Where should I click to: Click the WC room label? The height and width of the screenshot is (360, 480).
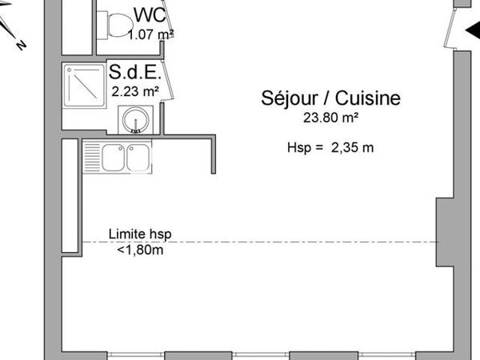(x=150, y=14)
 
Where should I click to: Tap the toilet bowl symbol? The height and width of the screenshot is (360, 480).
(x=120, y=24)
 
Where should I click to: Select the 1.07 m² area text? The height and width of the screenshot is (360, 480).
(x=150, y=34)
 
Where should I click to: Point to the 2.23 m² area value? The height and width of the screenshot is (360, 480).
(x=134, y=90)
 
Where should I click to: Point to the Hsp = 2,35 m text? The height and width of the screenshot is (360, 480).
(x=330, y=147)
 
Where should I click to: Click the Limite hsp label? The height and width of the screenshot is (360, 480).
(x=140, y=234)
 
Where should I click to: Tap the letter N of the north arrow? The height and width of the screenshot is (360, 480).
(x=22, y=46)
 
